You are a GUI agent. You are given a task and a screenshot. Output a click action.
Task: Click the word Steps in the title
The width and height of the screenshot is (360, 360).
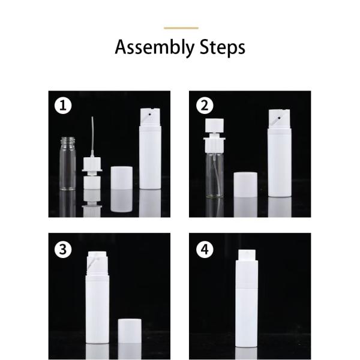pyautogui.click(x=222, y=47)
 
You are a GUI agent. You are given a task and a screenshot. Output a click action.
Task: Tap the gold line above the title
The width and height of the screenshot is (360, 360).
pyautogui.click(x=181, y=28)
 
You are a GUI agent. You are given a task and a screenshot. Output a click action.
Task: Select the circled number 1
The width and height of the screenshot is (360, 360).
pyautogui.click(x=63, y=106)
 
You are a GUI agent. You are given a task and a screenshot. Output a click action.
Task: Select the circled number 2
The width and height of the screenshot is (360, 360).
pyautogui.click(x=205, y=106)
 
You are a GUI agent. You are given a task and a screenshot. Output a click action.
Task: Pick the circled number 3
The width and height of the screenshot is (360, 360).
pyautogui.click(x=63, y=250)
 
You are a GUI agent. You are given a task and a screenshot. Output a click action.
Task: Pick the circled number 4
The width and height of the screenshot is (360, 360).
pyautogui.click(x=205, y=250)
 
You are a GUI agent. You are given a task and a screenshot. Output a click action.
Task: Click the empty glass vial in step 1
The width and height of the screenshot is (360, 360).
pyautogui.click(x=68, y=163)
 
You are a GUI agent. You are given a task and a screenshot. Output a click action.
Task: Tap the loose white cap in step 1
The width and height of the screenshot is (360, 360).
pyautogui.click(x=121, y=178)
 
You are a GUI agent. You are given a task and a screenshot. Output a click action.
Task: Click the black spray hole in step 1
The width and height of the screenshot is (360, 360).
pyautogui.click(x=149, y=114)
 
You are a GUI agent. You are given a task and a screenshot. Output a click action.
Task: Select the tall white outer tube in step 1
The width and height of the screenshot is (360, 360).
pyautogui.click(x=151, y=149)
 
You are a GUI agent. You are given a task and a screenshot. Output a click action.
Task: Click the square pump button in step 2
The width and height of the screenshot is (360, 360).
pyautogui.click(x=214, y=125)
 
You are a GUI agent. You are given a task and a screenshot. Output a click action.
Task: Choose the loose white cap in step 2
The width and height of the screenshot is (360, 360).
pyautogui.click(x=245, y=184)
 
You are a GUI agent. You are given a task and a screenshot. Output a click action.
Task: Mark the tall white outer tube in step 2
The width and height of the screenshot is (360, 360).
pyautogui.click(x=280, y=153)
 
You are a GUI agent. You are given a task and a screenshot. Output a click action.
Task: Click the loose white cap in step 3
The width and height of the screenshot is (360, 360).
pyautogui.click(x=130, y=331)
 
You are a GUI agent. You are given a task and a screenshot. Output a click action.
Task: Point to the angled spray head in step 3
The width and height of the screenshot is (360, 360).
pyautogui.click(x=97, y=263)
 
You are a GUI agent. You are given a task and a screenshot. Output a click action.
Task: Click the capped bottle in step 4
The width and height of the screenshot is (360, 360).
pyautogui.click(x=247, y=298)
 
